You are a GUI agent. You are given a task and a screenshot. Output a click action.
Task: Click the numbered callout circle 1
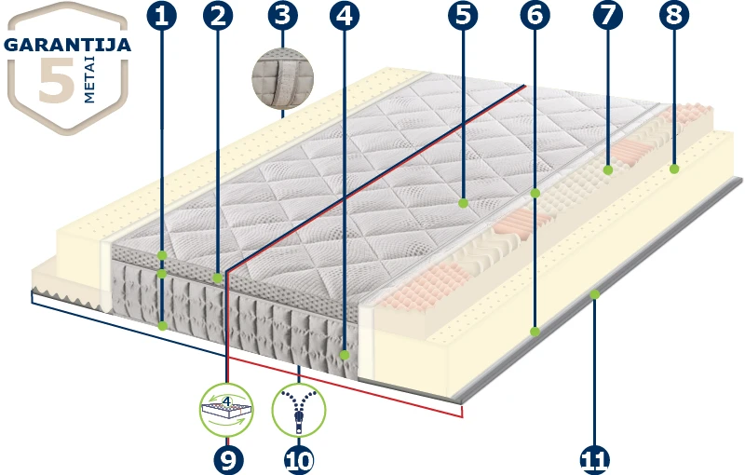pyautogui.click(x=161, y=16)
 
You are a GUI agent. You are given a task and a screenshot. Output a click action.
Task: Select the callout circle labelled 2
pyautogui.click(x=218, y=16)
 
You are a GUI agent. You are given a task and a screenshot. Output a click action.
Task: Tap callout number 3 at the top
pyautogui.click(x=283, y=15)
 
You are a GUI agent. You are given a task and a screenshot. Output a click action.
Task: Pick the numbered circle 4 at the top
pyautogui.click(x=345, y=16)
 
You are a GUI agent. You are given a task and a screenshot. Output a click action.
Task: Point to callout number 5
pyautogui.click(x=463, y=16)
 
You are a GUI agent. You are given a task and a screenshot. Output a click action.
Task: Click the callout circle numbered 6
pyautogui.click(x=535, y=16)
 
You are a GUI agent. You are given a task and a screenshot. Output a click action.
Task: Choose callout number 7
pyautogui.click(x=608, y=16)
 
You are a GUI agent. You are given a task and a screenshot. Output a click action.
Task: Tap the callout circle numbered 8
pyautogui.click(x=674, y=16)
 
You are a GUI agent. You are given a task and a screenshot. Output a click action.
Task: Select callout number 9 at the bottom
pyautogui.click(x=228, y=460)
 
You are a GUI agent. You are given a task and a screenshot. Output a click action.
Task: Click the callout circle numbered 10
pyautogui.click(x=299, y=460)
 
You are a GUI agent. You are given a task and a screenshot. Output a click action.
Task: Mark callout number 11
pyautogui.click(x=595, y=460)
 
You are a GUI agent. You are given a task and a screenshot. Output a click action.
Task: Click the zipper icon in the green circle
pyautogui.click(x=299, y=410)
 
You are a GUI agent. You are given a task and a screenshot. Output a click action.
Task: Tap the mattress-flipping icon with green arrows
pyautogui.click(x=226, y=410)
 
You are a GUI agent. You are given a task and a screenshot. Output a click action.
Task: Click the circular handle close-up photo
pyautogui.click(x=283, y=79)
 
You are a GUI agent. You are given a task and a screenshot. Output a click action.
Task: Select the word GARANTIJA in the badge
pyautogui.click(x=67, y=45)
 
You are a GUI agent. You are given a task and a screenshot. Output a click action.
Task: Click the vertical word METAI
pyautogui.click(x=89, y=80)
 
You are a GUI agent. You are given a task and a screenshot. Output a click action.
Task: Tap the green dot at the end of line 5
pyautogui.click(x=463, y=203)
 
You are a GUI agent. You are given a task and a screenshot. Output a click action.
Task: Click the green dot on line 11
pyautogui.click(x=595, y=295)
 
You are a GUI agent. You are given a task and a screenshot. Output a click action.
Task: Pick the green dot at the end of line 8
pyautogui.click(x=674, y=169)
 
